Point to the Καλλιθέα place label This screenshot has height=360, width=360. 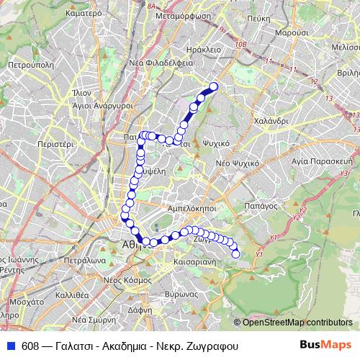tap(71, 294)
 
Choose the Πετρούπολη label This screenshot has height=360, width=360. tap(26, 64)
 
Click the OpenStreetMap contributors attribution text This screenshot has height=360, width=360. tap(299, 322)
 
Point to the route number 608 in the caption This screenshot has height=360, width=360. tap(30, 344)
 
